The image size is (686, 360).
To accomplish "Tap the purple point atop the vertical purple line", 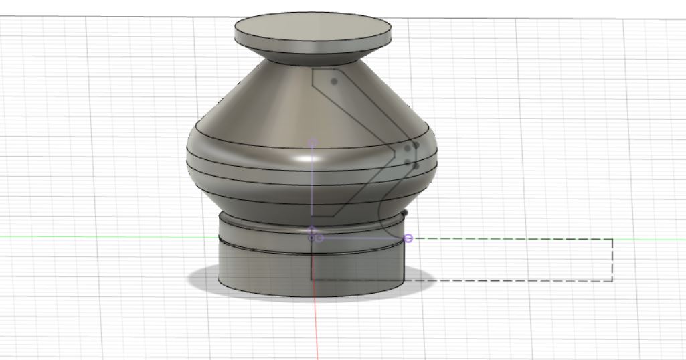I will click(312, 143).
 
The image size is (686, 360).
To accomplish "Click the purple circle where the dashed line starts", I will click(408, 238).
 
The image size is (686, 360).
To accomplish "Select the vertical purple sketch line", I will click(312, 187).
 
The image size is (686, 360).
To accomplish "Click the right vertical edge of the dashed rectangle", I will click(612, 260).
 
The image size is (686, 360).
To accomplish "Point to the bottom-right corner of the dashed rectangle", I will click(612, 280).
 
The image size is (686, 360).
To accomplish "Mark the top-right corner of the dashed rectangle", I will click(612, 239).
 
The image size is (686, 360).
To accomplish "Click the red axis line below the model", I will click(316, 328).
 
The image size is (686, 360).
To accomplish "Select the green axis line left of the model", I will click(100, 237).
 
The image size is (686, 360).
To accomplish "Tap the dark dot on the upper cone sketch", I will click(334, 82).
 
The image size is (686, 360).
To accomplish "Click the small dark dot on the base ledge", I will click(404, 212).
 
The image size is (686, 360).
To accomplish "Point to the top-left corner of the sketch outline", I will click(313, 68).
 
